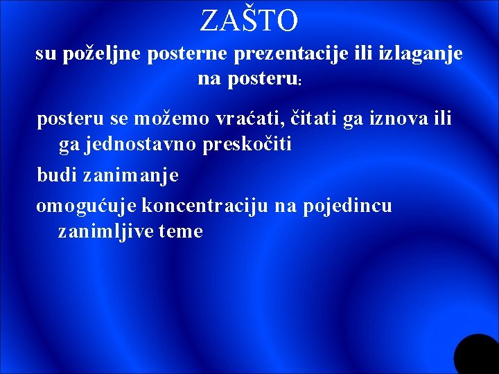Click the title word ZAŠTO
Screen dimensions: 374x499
click(249, 21)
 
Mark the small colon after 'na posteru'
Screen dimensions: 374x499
click(299, 82)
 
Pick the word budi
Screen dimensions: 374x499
click(56, 175)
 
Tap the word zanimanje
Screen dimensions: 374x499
click(130, 175)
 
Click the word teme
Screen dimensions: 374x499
click(180, 232)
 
